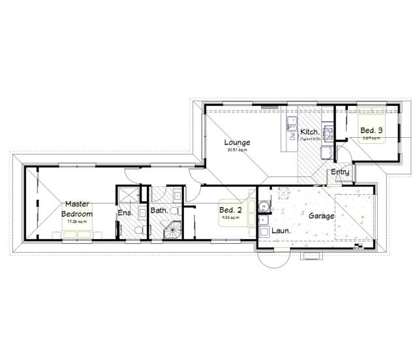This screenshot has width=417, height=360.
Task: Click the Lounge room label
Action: (x=237, y=142)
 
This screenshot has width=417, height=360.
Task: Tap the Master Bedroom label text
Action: (x=77, y=209)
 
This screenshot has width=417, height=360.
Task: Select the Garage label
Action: (x=322, y=215)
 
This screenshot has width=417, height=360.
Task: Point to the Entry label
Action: (x=340, y=172)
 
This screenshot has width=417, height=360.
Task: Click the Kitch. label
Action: (x=309, y=132)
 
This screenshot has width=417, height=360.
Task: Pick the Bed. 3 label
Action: (x=371, y=130)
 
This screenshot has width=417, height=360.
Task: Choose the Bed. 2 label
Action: (x=230, y=210)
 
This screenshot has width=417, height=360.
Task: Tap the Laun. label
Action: (x=281, y=231)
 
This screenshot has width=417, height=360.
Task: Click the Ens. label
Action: (x=125, y=213)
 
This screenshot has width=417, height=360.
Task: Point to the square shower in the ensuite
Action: (x=127, y=194)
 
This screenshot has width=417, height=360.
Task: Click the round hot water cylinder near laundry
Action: (x=264, y=206)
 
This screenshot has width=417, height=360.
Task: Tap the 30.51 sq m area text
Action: (x=237, y=150)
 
